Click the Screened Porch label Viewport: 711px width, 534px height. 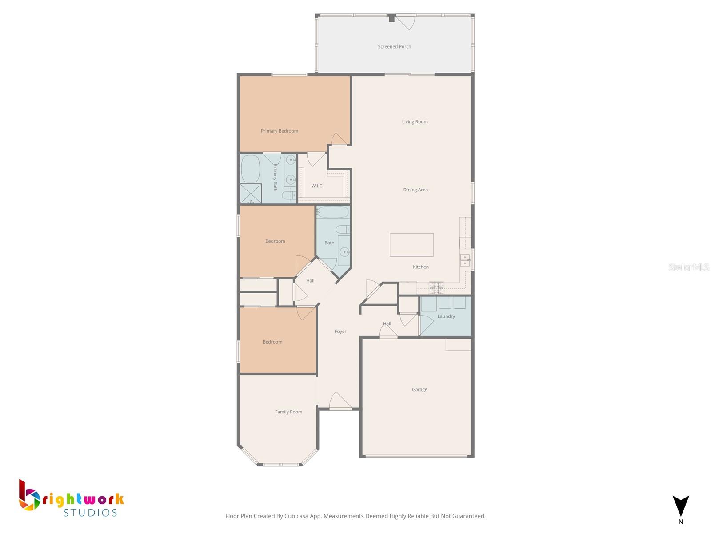(394, 46)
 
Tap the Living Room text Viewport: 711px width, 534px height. (415, 121)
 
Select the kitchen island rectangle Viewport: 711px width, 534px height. (411, 245)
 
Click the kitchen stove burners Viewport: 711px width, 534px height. (436, 287)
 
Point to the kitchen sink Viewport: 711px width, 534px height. (464, 260)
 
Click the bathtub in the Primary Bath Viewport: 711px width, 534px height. (251, 169)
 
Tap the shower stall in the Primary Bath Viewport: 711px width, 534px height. (251, 194)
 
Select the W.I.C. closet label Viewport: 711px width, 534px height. (317, 186)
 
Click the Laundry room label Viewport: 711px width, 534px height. (446, 316)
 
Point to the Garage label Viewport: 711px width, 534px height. (419, 389)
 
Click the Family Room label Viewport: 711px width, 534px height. (288, 412)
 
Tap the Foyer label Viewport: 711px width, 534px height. (340, 331)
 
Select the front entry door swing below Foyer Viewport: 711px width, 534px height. (340, 400)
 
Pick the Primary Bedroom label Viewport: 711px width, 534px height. (279, 131)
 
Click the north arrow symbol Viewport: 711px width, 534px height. (680, 506)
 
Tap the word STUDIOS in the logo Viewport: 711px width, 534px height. (90, 513)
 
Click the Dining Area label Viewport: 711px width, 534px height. (415, 190)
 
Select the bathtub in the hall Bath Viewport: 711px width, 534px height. (333, 212)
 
